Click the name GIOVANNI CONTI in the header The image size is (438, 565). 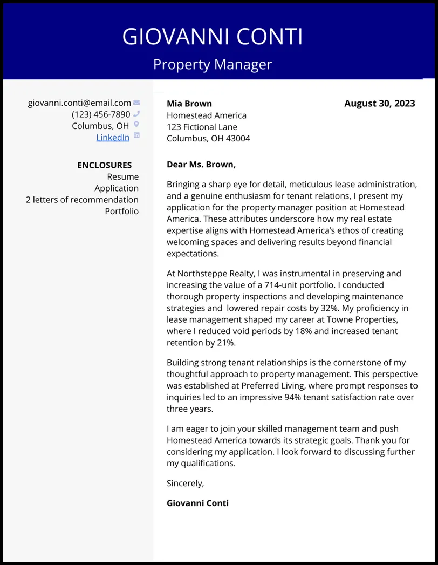point(213,37)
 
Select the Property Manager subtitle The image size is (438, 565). point(213,64)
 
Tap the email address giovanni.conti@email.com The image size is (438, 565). point(79,103)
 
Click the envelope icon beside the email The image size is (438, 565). point(136,103)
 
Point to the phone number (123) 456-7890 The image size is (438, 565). point(101,114)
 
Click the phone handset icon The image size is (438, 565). point(136,114)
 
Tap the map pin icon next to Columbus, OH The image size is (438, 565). point(136,125)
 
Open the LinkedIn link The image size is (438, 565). point(113,138)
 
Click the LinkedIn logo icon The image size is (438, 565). point(136,135)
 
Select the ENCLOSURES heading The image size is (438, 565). point(104,165)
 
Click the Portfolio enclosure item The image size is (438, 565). point(121,211)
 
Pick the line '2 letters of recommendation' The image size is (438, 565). point(82,200)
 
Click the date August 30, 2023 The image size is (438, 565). point(379,104)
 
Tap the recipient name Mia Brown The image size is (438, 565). point(189,104)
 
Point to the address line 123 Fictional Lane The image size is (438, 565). point(202,127)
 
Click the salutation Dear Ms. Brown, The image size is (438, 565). point(201,165)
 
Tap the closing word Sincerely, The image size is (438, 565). point(185,484)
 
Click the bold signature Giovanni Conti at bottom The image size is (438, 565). point(197,503)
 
